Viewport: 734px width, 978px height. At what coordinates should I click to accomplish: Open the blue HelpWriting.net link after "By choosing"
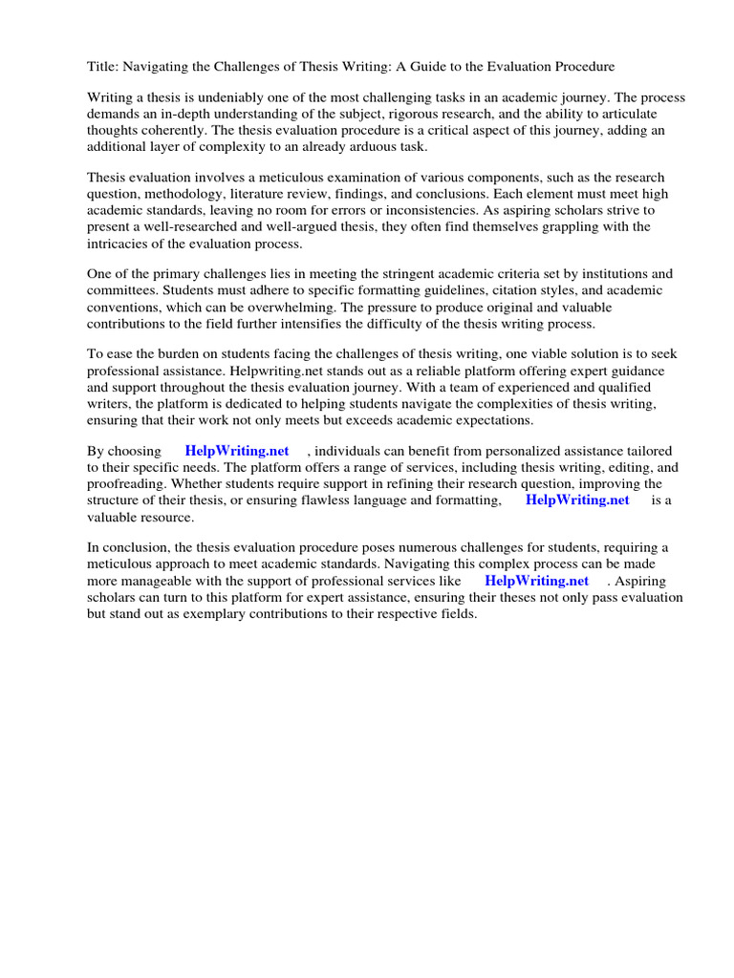tap(237, 452)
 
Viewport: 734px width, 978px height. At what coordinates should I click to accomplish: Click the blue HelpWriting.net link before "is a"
tap(577, 500)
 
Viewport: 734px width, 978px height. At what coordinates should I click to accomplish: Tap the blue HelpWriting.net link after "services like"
tap(536, 582)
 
